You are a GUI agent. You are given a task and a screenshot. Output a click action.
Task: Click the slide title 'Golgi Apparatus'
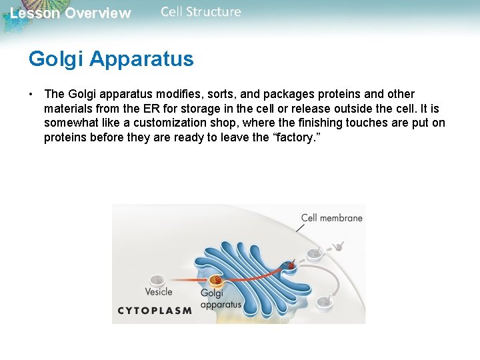(x=111, y=59)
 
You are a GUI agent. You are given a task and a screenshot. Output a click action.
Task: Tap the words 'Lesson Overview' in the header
(x=71, y=13)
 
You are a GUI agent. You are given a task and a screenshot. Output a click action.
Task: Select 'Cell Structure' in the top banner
(x=201, y=12)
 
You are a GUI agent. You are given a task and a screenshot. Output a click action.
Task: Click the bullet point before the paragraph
(x=31, y=94)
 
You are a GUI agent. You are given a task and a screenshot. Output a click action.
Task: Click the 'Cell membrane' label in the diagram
(x=331, y=217)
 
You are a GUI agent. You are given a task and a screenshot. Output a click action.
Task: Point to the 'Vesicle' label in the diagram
(x=159, y=291)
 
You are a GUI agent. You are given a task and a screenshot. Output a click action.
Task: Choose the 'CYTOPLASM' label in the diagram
(x=155, y=310)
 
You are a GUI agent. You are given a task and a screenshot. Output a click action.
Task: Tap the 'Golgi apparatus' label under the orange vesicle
(x=220, y=299)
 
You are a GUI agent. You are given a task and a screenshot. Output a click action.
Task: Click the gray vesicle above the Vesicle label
(x=157, y=280)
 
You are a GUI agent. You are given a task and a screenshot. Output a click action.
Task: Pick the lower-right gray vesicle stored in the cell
(x=325, y=301)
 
